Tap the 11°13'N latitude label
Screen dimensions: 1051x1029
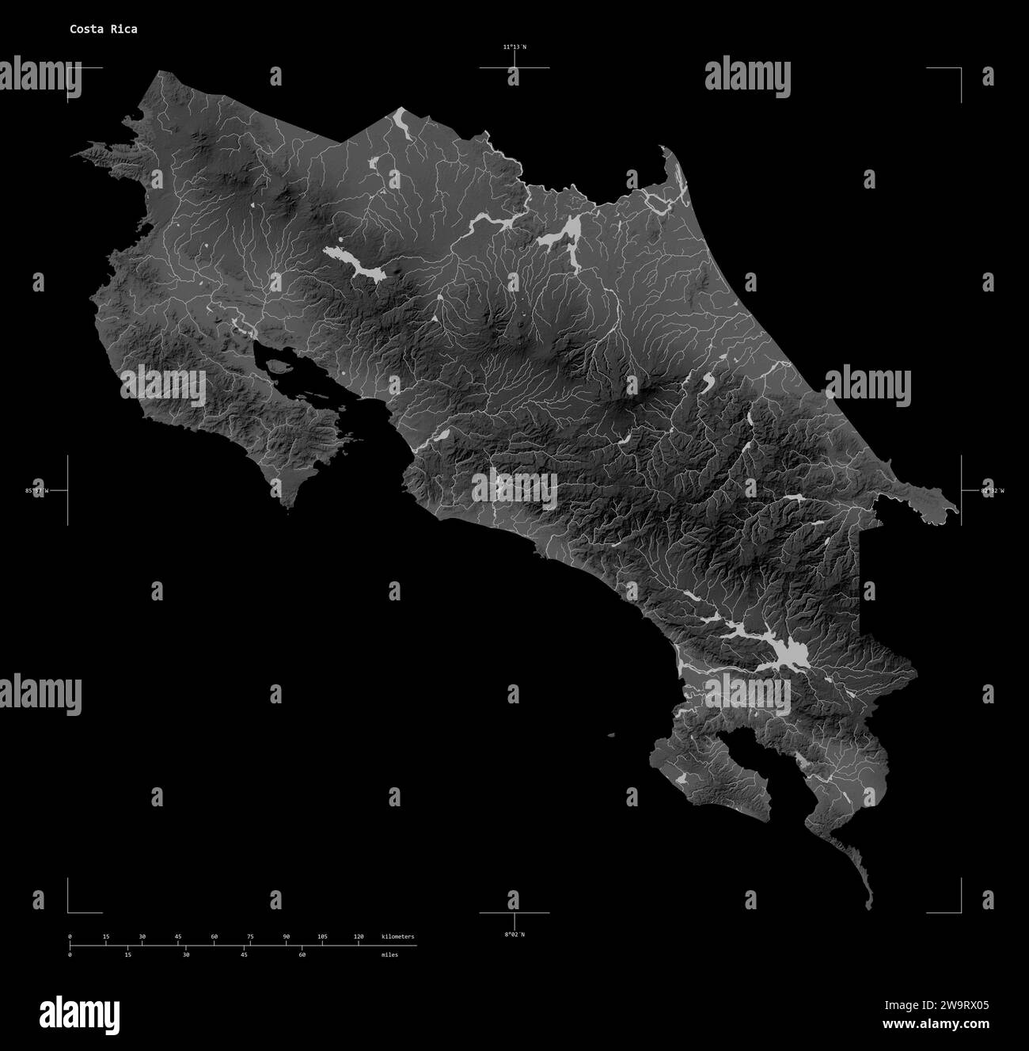(514, 48)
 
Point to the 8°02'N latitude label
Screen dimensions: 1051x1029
(514, 935)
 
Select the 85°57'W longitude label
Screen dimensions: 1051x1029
(36, 491)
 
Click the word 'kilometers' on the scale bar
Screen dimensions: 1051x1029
(397, 937)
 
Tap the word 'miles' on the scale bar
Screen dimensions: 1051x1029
(389, 955)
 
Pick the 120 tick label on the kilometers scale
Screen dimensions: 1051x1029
(359, 937)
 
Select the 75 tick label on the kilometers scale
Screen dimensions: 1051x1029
(250, 937)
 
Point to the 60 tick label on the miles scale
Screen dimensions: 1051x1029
(302, 955)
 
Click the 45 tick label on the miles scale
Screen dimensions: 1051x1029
(244, 955)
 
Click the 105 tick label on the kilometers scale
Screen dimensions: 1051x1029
(322, 937)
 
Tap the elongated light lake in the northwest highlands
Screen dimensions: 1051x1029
(354, 265)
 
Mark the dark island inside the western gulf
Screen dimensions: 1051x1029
(277, 367)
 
